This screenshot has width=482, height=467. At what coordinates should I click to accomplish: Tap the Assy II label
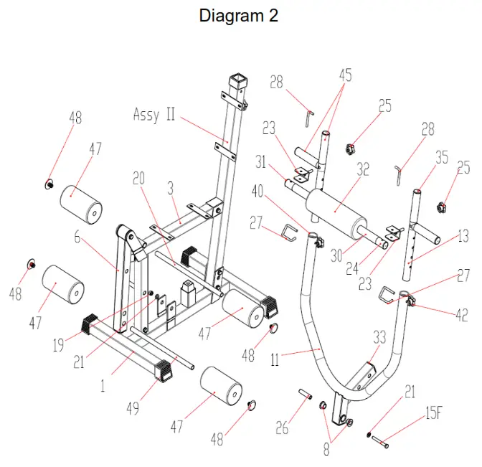pyautogui.click(x=154, y=114)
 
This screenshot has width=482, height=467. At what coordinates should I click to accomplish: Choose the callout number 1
pyautogui.click(x=103, y=386)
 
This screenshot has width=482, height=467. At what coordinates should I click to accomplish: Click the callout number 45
pyautogui.click(x=346, y=74)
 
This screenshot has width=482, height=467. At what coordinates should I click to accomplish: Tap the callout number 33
pyautogui.click(x=379, y=336)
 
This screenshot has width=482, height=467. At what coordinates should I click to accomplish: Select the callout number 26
pyautogui.click(x=283, y=429)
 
